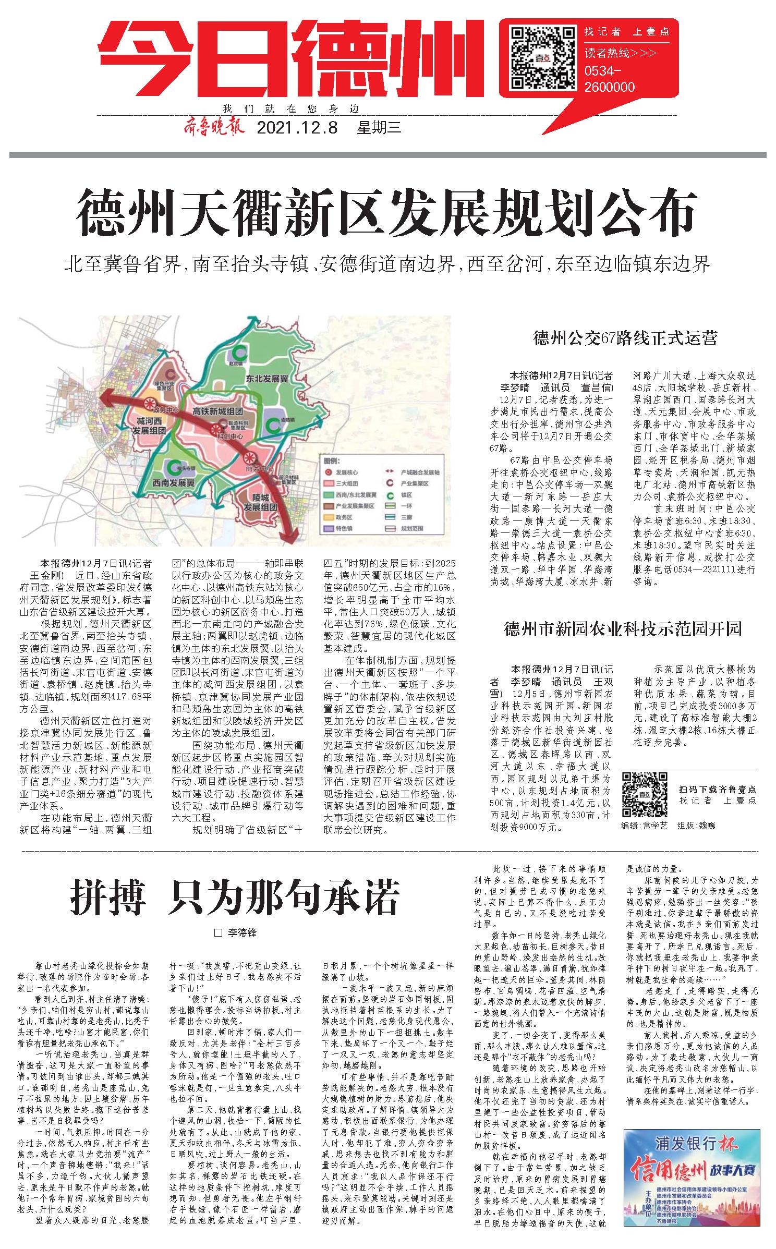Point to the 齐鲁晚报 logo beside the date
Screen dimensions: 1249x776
pos(213,127)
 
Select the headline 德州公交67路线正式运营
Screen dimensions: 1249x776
pos(625,338)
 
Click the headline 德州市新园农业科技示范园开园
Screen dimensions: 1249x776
pos(623,629)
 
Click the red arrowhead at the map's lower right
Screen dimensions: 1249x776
pos(288,535)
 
